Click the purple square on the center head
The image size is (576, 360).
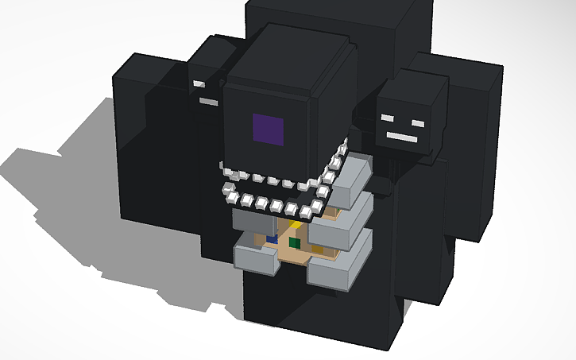tap(268, 130)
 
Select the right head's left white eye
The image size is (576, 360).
tap(387, 118)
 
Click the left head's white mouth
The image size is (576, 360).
tap(208, 102)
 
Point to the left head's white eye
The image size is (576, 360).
tap(199, 83)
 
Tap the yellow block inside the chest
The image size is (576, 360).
tap(296, 225)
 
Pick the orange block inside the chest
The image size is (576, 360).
tap(318, 250)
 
